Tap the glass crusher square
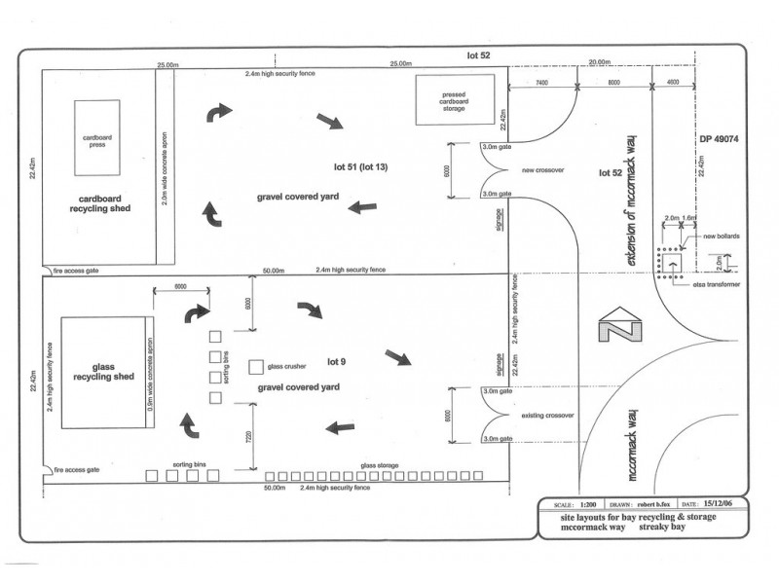pos(256,367)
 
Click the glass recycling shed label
pos(104,375)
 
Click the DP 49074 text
pos(720,138)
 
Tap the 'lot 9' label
pos(337,362)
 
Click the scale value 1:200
pos(587,504)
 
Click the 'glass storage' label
pos(380,465)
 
